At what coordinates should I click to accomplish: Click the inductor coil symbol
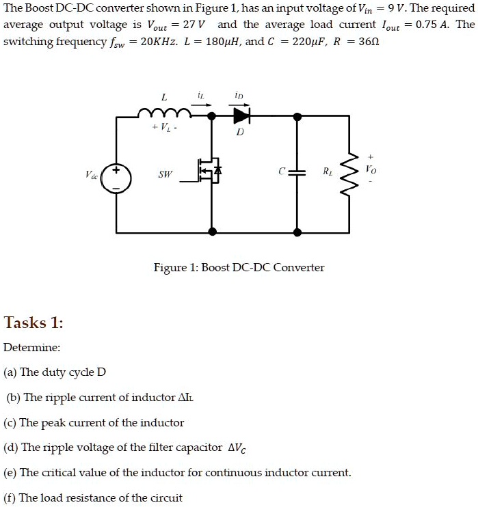164,113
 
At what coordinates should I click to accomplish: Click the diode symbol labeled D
241,115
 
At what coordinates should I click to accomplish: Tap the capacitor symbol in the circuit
297,172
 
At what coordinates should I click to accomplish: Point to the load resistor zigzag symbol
349,175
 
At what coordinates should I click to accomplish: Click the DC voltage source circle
116,178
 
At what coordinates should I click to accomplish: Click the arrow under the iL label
201,105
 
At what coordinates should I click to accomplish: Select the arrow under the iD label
239,105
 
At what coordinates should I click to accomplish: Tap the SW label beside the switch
165,174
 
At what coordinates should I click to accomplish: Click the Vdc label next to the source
92,175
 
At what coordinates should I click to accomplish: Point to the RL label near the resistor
327,171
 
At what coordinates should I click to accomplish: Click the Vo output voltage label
371,169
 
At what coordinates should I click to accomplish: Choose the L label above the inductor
164,97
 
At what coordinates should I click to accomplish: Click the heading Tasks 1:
34,323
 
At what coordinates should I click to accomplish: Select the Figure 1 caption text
239,268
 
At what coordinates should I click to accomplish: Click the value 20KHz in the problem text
159,42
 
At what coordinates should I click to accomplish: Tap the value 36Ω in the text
369,42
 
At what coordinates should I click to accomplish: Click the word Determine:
31,348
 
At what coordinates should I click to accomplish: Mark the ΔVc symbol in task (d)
237,448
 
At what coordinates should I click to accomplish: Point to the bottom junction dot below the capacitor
297,232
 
